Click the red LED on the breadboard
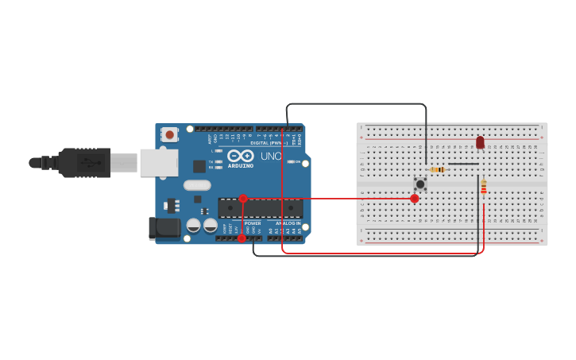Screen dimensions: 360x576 tap(480, 142)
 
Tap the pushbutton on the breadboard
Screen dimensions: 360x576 tap(419, 184)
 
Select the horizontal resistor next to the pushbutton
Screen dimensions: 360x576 tap(437, 169)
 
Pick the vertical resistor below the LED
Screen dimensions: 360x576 tap(483, 189)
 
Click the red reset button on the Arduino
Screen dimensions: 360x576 tap(170, 135)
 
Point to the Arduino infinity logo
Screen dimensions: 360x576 tap(240, 156)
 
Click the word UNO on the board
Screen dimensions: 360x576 tap(271, 157)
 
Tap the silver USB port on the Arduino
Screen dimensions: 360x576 tap(158, 162)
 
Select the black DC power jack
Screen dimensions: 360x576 tap(164, 228)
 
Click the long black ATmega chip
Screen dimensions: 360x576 tap(261, 208)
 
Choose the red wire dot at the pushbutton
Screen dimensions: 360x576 tap(414, 199)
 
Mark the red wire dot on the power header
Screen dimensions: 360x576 tap(242, 238)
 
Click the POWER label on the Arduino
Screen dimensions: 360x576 tap(253, 223)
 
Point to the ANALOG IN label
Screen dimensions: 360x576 tap(288, 223)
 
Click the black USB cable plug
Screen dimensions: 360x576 tap(83, 163)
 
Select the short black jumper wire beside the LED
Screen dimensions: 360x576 tap(463, 164)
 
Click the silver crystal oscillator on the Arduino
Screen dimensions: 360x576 tap(197, 185)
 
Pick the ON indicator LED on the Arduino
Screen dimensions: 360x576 tap(291, 162)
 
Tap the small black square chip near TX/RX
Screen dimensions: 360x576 tap(199, 166)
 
